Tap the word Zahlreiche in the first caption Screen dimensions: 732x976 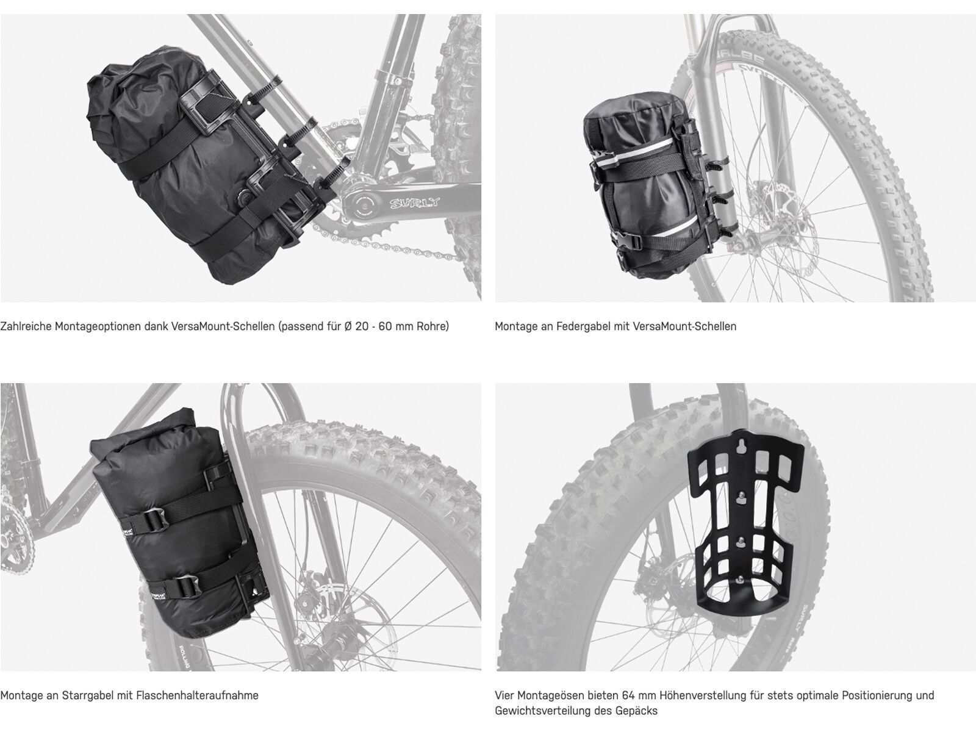pyautogui.click(x=25, y=326)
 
